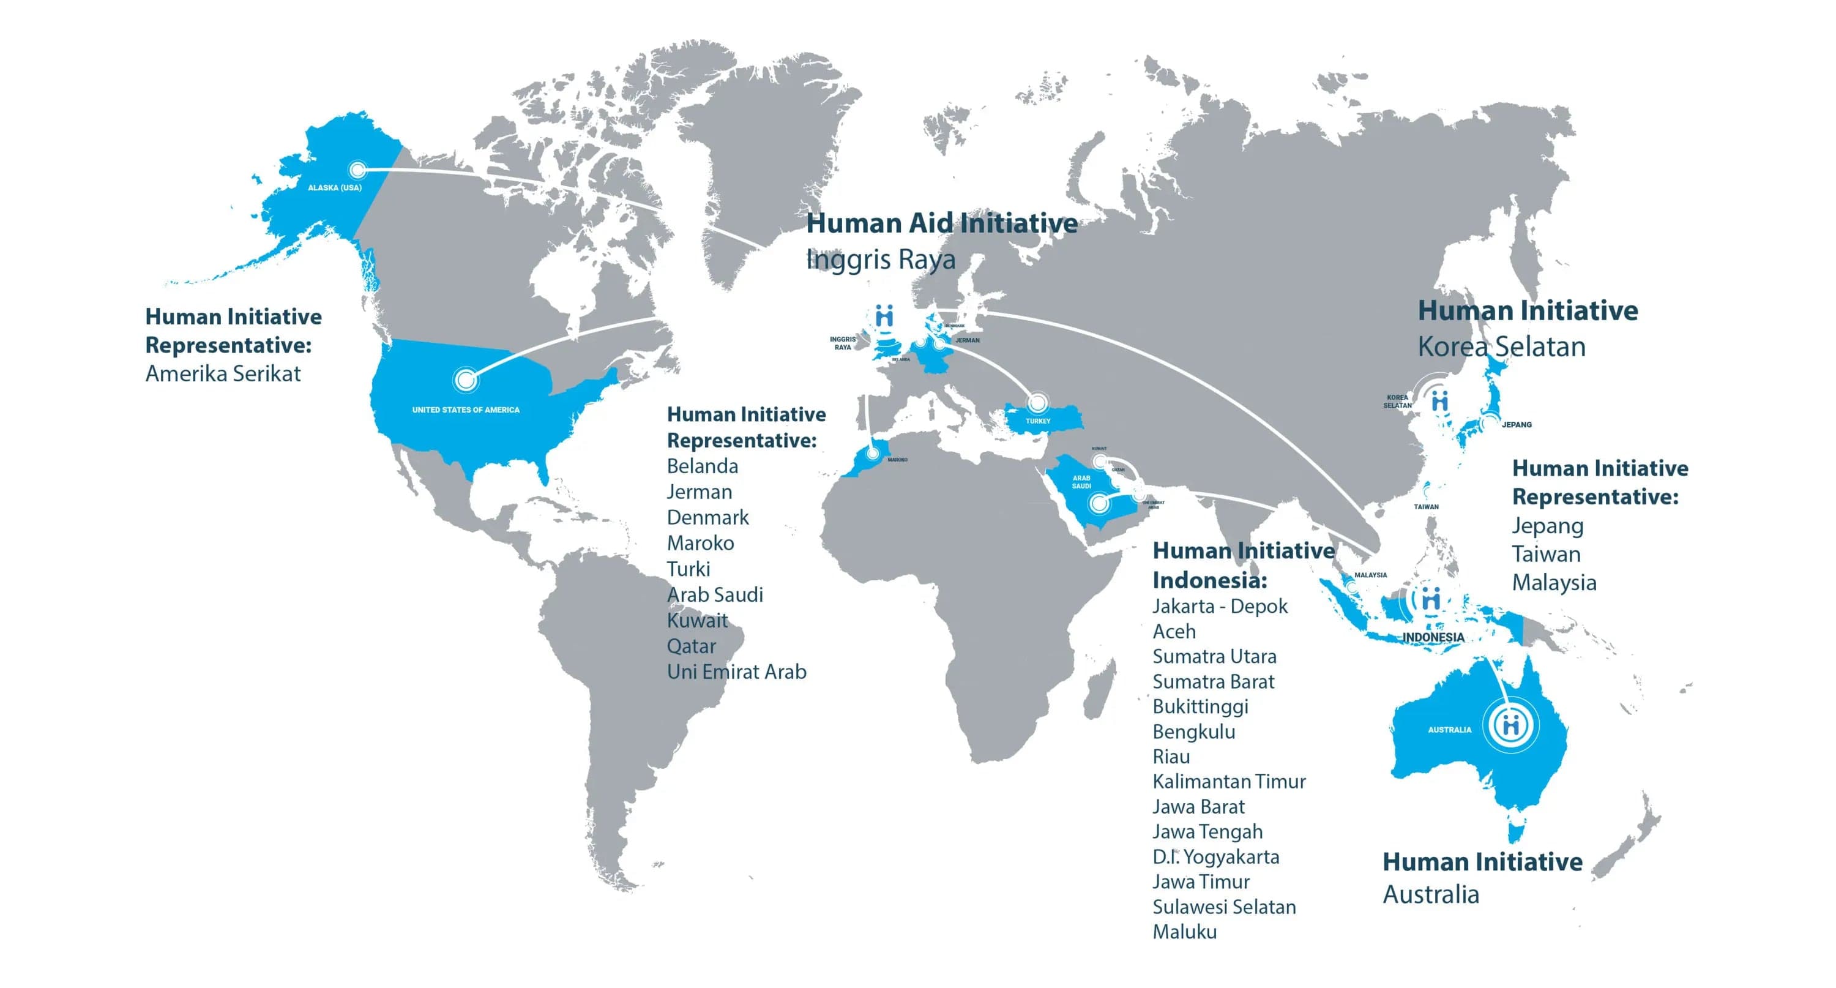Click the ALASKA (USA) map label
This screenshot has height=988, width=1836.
(334, 188)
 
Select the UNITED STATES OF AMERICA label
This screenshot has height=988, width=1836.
(465, 410)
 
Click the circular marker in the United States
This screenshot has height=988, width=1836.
(465, 380)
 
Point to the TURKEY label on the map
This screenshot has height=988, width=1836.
(1038, 421)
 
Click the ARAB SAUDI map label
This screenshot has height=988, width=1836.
(1081, 482)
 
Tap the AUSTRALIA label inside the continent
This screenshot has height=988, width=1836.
(1449, 730)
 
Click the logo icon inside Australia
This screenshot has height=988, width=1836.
(1510, 725)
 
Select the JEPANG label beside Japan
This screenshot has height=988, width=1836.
(1516, 425)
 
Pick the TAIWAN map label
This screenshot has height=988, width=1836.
(1426, 507)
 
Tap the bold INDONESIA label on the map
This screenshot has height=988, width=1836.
(1433, 637)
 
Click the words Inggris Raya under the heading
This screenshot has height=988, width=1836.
(880, 260)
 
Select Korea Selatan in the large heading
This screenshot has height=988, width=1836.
(1501, 346)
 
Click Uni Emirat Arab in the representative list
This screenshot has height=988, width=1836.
(736, 672)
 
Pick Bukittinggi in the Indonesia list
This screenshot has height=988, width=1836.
(1200, 706)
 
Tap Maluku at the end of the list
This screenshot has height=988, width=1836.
(1185, 932)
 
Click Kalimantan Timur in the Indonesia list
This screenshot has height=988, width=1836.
(1229, 781)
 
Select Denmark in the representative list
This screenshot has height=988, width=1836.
(707, 517)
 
